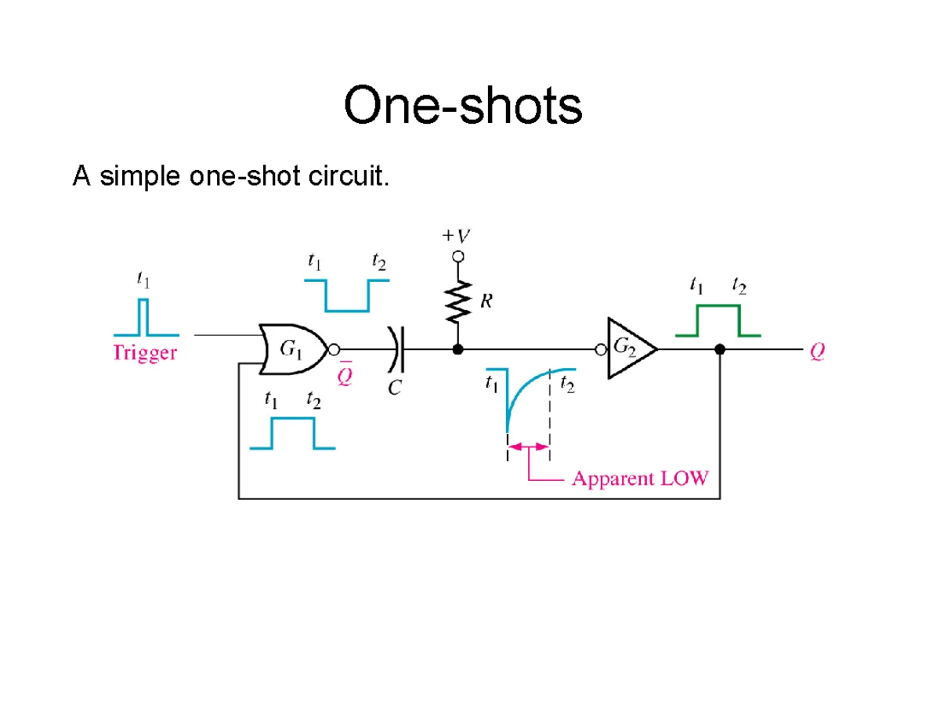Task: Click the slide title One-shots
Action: tap(462, 107)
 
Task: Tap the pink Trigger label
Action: tap(146, 353)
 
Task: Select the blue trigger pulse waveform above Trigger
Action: tap(143, 316)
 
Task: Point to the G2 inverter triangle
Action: tap(631, 349)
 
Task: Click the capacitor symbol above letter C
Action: tap(395, 349)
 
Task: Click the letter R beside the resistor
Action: tap(486, 302)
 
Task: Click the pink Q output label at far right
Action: tap(817, 353)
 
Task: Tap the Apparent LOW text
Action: tap(640, 478)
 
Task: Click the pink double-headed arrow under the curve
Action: tap(529, 446)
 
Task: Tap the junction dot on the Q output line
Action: tap(720, 349)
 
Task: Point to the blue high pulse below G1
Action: tap(292, 432)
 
